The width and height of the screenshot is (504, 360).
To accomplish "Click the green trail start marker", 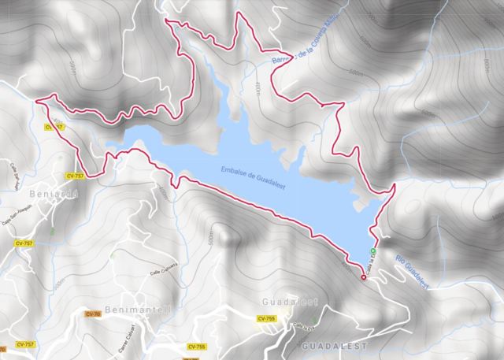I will coord(373,251).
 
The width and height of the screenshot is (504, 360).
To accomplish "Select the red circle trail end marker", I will coord(363,277).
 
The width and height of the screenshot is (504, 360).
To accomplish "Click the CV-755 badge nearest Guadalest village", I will coord(265,318).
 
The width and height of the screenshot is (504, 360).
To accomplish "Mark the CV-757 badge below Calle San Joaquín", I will coord(24,243).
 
